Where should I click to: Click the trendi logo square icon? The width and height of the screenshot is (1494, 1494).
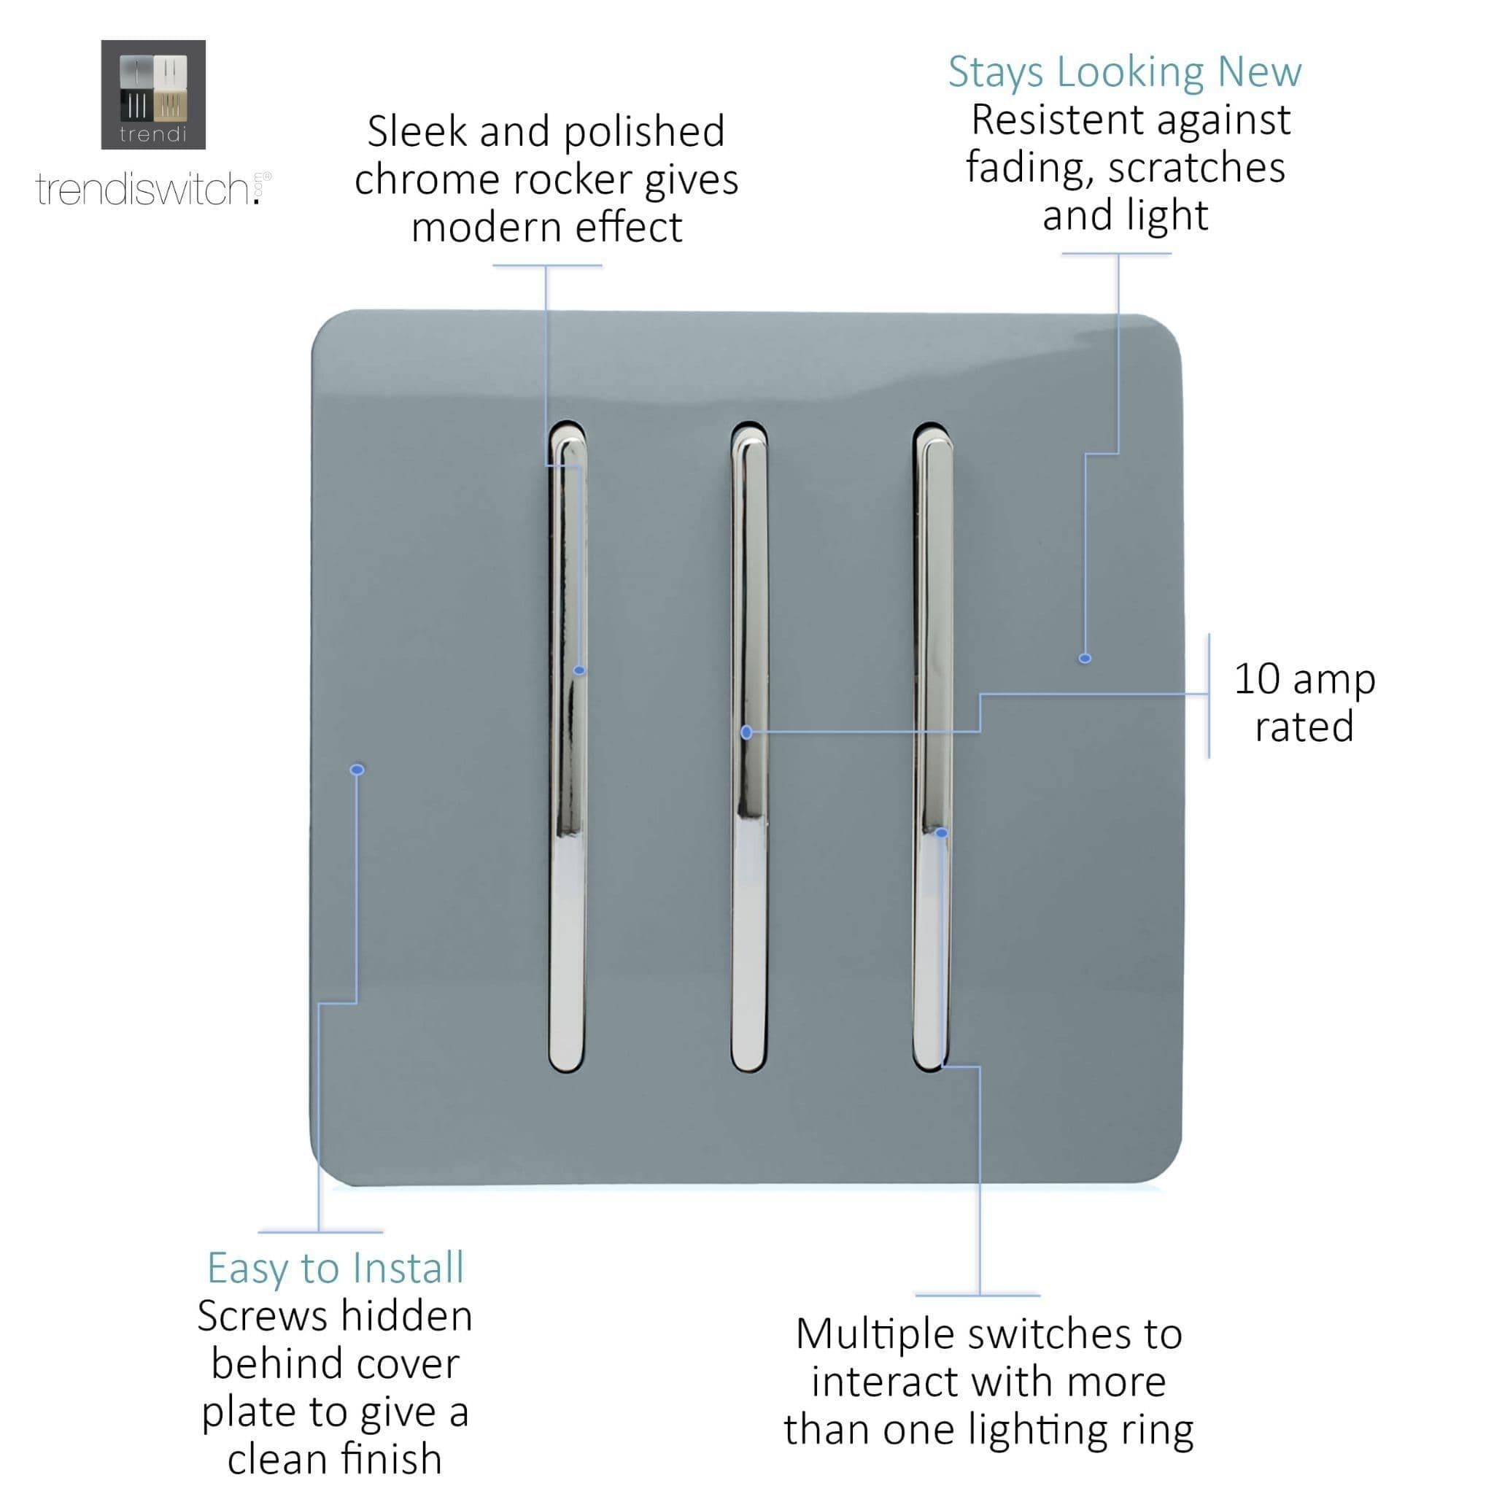(153, 94)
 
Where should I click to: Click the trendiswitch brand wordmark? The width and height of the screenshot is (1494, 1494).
(147, 190)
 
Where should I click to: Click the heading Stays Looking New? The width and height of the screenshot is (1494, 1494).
(1124, 72)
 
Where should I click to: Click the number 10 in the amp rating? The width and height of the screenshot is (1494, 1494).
(1257, 679)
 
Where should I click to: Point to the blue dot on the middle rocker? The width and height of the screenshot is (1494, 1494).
(746, 732)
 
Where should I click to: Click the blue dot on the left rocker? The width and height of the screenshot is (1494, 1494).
(579, 670)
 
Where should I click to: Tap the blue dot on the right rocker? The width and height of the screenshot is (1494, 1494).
(941, 833)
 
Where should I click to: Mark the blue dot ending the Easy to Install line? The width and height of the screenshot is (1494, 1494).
(357, 770)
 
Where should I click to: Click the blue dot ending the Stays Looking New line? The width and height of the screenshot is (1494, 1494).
(1085, 658)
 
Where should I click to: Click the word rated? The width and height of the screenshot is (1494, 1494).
(1304, 727)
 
